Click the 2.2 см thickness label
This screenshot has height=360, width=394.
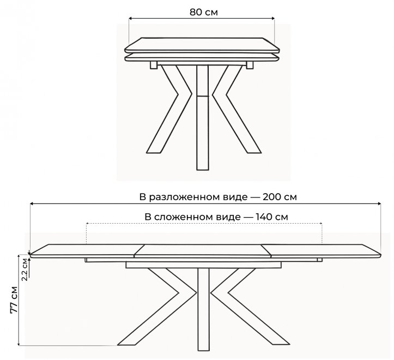(x=24, y=268)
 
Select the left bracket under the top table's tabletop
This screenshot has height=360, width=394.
(x=154, y=65)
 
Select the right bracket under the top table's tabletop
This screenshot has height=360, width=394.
(x=250, y=65)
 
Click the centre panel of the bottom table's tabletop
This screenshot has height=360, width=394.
(x=203, y=250)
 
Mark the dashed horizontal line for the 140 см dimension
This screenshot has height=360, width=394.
(x=203, y=224)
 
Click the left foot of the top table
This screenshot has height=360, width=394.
(x=153, y=153)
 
